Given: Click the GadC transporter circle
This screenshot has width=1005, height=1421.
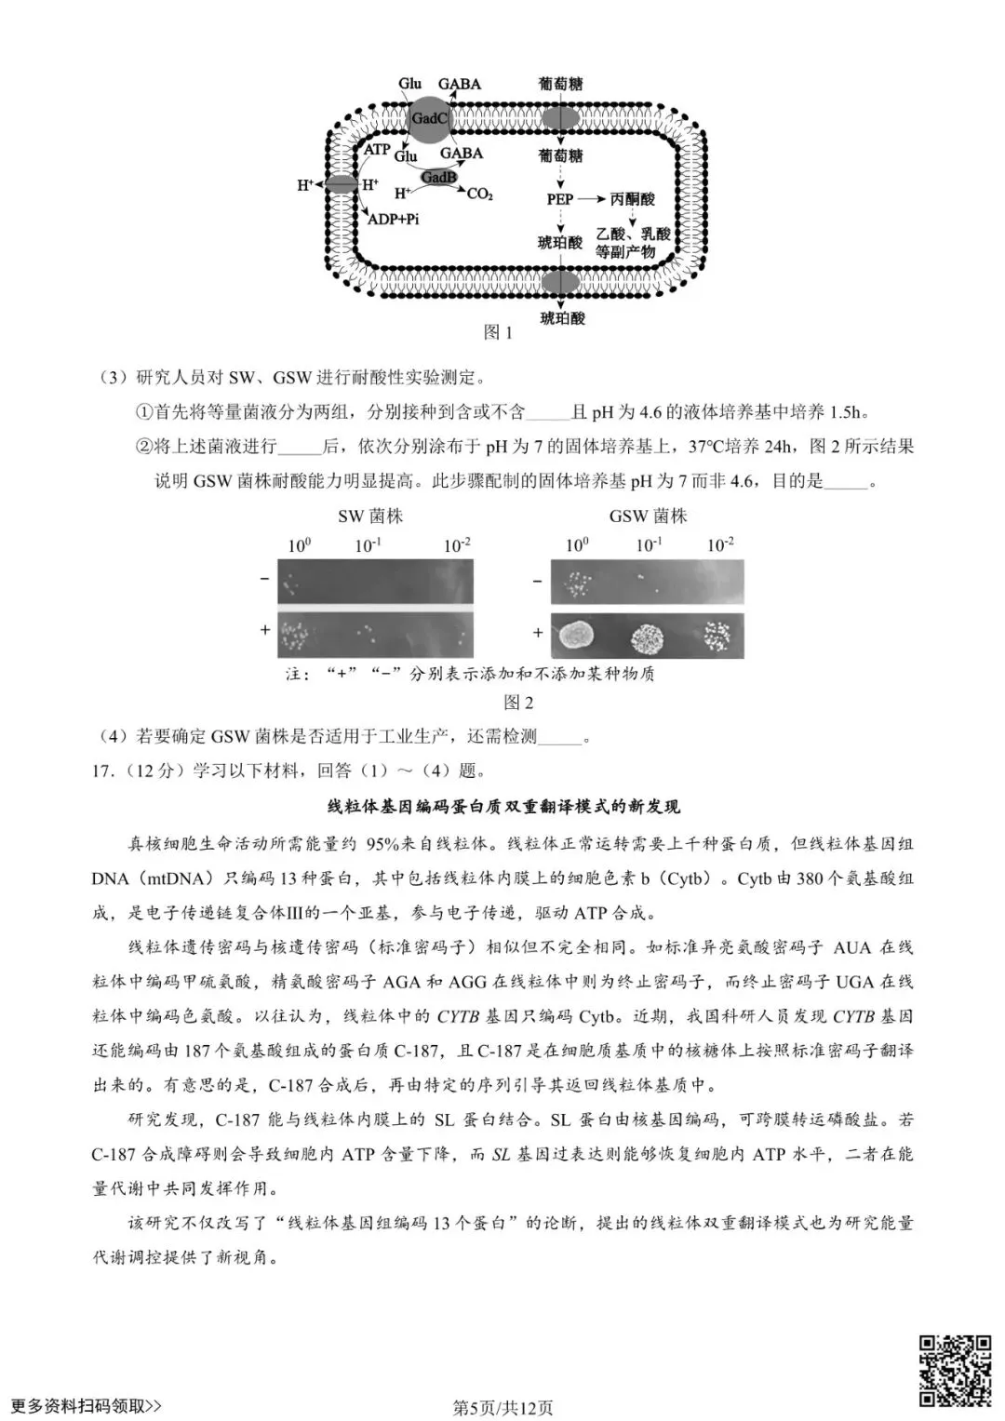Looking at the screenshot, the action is (429, 119).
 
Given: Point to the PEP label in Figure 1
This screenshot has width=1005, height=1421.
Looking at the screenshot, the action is (559, 199).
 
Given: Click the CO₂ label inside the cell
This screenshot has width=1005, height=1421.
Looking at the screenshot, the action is (479, 194).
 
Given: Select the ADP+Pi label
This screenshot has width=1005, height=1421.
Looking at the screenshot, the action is (393, 219).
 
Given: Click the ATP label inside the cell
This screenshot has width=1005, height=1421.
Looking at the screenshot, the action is (376, 150).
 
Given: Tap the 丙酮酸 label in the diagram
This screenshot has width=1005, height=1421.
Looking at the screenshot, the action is (632, 199).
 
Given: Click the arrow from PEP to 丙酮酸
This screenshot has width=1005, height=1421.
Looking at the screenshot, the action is (592, 199).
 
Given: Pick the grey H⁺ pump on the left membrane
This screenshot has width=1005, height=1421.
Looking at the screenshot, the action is (340, 184).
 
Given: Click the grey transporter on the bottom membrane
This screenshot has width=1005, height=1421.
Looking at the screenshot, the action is (560, 283).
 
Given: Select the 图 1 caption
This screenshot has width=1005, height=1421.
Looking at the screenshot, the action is (498, 332).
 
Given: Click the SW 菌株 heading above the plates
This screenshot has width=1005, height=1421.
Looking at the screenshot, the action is (370, 516).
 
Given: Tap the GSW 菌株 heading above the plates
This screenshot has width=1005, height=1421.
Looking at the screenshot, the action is (648, 516).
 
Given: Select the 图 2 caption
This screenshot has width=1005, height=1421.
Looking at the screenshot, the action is (517, 703).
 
